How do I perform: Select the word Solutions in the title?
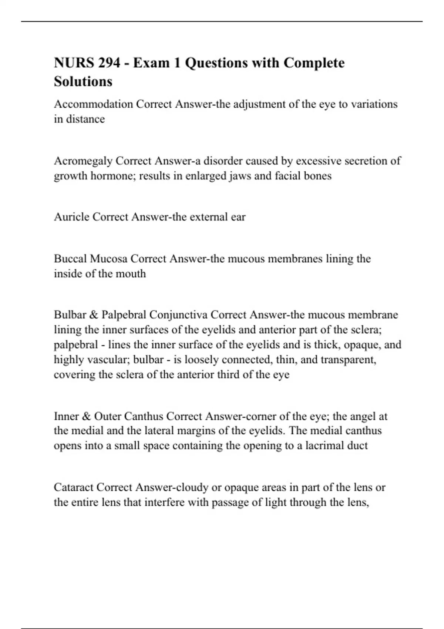pos(83,81)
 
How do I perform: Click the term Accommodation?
pos(93,104)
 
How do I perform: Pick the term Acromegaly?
pos(83,161)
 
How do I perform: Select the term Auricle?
pos(72,217)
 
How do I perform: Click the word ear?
pos(238,217)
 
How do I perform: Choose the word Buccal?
pos(70,259)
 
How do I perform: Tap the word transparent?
pos(351,360)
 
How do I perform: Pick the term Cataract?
pos(74,487)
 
